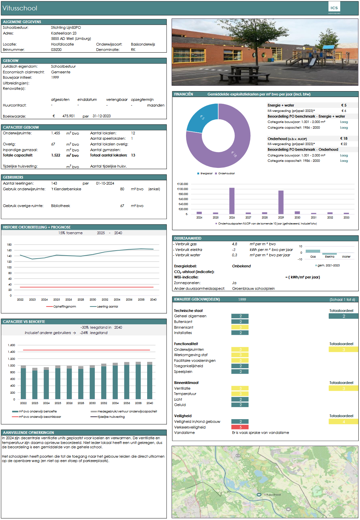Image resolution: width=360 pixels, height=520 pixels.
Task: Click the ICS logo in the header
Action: click(x=334, y=8)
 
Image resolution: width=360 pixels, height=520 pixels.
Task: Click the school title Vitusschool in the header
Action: click(x=20, y=8)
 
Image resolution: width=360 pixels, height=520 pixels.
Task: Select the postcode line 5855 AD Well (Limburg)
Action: click(x=71, y=39)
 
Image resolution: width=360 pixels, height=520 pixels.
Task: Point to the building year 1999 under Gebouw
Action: click(x=55, y=77)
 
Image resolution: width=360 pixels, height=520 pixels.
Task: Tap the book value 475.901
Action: click(x=68, y=116)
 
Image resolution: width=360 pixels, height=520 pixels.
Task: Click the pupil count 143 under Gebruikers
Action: click(x=54, y=183)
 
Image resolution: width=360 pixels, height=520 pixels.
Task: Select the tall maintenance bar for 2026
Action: click(x=232, y=201)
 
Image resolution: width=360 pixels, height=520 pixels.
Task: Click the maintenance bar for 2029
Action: click(x=281, y=202)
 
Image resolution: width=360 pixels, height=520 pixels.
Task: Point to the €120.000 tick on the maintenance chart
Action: click(x=183, y=184)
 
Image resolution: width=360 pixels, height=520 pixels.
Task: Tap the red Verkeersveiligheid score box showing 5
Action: click(x=240, y=427)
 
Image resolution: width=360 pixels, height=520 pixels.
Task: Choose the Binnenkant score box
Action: click(x=240, y=327)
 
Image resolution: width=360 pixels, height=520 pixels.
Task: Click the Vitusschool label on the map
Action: click(x=272, y=495)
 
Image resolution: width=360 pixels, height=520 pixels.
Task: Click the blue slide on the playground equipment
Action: click(x=311, y=62)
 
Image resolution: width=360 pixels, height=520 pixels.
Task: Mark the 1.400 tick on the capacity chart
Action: click(x=11, y=352)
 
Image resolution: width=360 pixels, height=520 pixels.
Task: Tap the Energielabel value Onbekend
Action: click(x=241, y=266)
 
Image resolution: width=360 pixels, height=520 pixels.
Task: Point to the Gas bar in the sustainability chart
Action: click(x=313, y=251)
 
